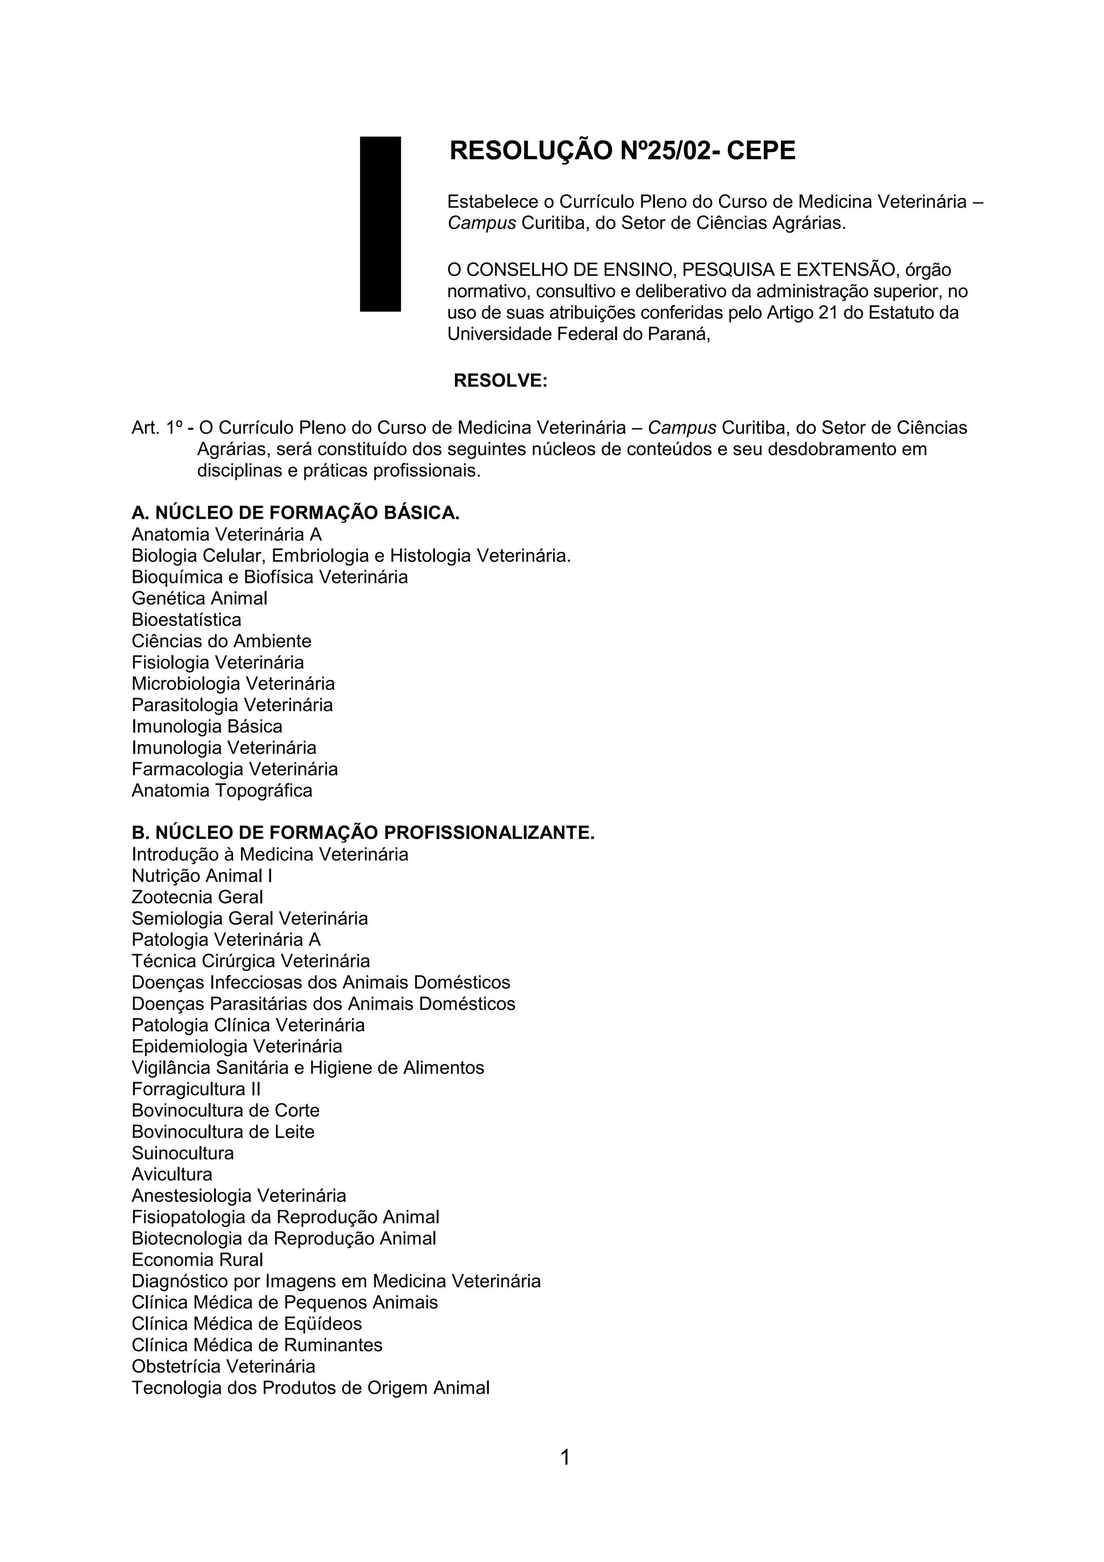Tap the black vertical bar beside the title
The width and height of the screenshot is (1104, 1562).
[380, 224]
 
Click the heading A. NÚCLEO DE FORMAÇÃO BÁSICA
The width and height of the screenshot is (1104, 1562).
[295, 513]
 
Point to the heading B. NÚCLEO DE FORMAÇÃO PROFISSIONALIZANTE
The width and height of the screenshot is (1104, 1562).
[363, 832]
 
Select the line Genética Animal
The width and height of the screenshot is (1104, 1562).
[199, 598]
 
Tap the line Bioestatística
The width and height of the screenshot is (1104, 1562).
[187, 620]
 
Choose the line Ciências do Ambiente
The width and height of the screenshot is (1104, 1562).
[221, 642]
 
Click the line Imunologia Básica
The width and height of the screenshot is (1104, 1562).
[207, 727]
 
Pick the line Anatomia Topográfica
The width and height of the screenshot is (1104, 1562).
[222, 790]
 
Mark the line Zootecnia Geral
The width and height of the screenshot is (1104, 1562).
[197, 897]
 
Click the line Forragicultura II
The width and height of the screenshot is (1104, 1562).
[196, 1089]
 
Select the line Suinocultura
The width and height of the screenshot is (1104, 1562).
[182, 1153]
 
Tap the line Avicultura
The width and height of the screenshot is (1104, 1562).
[171, 1174]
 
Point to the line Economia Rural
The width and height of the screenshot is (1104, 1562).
[197, 1260]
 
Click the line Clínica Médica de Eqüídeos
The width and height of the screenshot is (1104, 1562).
[246, 1324]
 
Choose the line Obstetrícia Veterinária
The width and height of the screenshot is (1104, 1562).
[223, 1366]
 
